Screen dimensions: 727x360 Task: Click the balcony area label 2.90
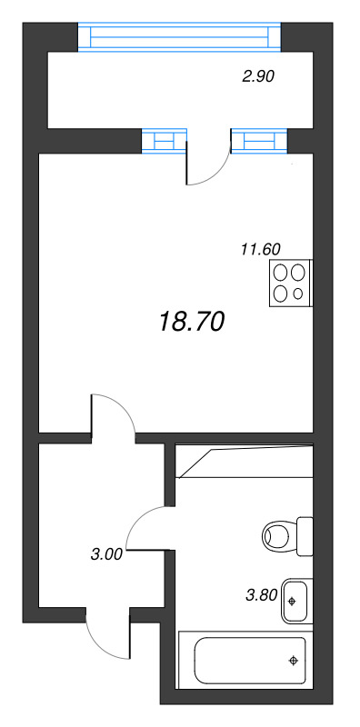[258, 77]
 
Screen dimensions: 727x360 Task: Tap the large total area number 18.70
[191, 320]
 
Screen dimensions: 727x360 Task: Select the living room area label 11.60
[259, 248]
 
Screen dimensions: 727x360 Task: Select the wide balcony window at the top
[179, 37]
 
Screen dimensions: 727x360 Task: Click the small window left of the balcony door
[163, 140]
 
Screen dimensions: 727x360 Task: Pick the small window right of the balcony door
[259, 140]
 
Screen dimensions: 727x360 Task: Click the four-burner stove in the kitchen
[291, 282]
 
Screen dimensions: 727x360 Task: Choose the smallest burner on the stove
[299, 293]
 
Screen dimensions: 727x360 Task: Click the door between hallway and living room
[113, 416]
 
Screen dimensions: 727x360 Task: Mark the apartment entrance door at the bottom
[107, 636]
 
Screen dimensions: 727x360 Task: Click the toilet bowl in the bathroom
[278, 535]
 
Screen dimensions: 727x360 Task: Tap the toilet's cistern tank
[305, 536]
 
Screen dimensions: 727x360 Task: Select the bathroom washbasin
[296, 601]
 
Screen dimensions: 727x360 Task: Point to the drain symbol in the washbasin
[292, 601]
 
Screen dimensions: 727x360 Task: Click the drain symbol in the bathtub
[293, 661]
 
